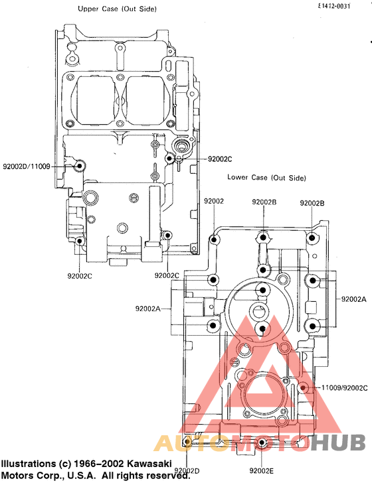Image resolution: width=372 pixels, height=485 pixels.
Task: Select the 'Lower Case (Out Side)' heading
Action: click(x=266, y=178)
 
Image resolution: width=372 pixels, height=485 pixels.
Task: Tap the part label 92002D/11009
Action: click(x=27, y=166)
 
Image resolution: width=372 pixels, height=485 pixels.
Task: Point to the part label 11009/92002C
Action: click(x=344, y=387)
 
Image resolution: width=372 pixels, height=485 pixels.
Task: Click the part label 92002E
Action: click(x=262, y=470)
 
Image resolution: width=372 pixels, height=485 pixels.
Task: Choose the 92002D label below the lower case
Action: click(x=187, y=470)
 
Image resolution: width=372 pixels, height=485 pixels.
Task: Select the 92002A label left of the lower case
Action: click(x=148, y=309)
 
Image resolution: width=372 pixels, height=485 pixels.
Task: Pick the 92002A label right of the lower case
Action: click(x=353, y=299)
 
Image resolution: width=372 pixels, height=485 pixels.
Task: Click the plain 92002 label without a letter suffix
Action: click(x=214, y=200)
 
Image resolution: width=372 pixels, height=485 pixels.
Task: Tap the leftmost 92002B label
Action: click(x=265, y=202)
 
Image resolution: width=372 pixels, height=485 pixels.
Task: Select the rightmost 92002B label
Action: click(x=312, y=203)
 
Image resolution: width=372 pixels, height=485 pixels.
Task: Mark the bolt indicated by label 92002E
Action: click(x=262, y=443)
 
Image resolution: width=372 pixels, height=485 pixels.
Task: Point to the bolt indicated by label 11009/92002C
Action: click(x=303, y=387)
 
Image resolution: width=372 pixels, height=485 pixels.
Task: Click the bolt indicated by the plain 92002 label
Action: click(x=214, y=239)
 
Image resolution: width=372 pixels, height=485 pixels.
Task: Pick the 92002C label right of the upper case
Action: click(x=220, y=159)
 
